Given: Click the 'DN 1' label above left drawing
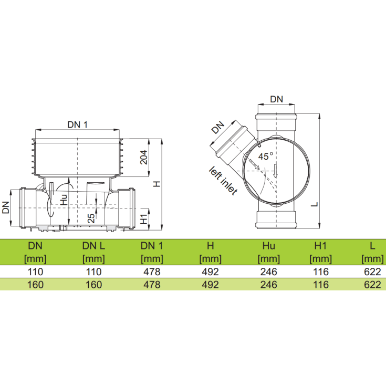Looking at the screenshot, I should tap(78, 124).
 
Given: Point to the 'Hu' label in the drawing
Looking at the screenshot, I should tap(64, 199).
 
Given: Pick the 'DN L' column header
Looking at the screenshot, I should tap(94, 245).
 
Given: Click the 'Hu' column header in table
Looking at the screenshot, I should tap(269, 245).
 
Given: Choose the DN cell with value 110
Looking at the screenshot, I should tap(35, 272).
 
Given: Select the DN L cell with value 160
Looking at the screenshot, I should tap(94, 285).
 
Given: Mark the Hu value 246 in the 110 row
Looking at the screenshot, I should tap(269, 272).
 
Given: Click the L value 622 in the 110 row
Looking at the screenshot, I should tap(372, 272).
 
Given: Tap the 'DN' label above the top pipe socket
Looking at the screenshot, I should tap(276, 99).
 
